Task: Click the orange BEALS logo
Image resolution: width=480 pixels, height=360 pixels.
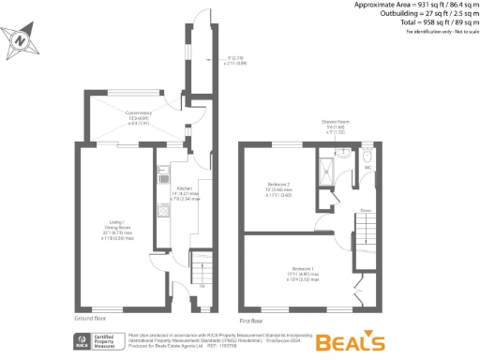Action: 349,340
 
